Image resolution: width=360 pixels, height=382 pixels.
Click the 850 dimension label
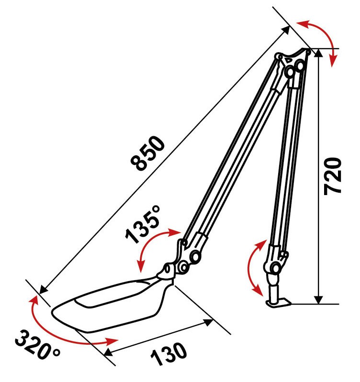(x=148, y=153)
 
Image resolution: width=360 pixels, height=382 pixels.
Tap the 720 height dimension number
(x=332, y=176)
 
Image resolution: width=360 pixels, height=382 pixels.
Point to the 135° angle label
(x=143, y=224)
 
